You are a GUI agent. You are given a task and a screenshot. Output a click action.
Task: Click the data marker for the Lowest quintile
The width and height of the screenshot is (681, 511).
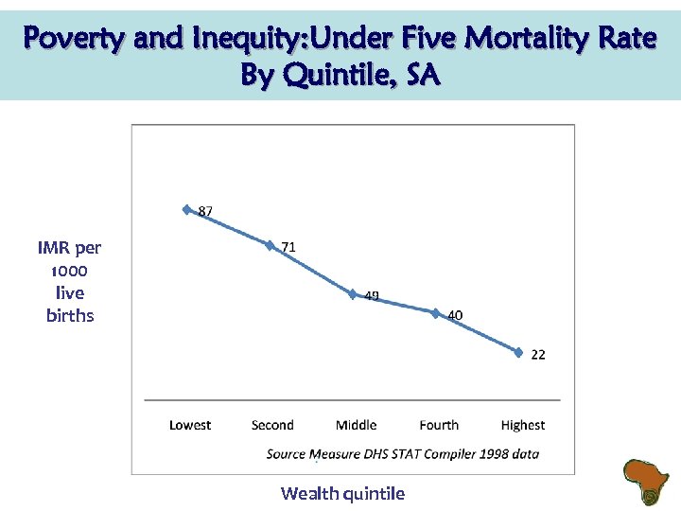click(x=186, y=209)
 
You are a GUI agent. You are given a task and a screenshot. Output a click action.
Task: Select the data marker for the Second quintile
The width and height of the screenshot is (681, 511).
click(x=270, y=245)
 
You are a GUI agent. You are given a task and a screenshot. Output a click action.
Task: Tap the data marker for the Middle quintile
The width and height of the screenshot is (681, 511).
click(x=353, y=294)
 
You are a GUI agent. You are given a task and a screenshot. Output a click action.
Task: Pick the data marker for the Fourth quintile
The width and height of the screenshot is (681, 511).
click(x=436, y=313)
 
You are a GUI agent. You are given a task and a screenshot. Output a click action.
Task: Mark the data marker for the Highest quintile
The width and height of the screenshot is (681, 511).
click(x=519, y=352)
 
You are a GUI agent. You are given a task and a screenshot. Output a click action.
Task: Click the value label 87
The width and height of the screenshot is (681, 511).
click(x=205, y=211)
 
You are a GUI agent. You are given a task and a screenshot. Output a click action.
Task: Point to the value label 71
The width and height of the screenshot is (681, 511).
click(x=288, y=247)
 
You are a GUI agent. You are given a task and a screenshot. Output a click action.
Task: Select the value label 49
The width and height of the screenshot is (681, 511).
click(x=372, y=296)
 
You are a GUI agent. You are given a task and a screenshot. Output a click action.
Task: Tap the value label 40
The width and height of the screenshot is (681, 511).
click(x=455, y=315)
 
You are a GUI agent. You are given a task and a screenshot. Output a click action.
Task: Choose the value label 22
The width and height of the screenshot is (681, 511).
click(x=537, y=355)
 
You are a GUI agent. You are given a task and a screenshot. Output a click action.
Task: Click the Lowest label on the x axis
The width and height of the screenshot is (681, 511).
click(x=190, y=426)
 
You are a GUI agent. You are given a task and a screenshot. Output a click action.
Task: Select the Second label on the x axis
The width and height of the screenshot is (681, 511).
click(x=272, y=426)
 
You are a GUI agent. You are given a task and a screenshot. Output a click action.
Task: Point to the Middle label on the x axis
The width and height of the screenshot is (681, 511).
click(x=356, y=426)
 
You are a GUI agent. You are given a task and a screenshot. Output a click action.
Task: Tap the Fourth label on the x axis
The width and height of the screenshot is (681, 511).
click(x=439, y=426)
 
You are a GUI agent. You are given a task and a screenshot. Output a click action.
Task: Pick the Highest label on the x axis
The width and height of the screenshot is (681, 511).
click(x=523, y=426)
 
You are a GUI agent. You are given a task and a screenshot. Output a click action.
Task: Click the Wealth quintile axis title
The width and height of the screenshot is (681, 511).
click(x=342, y=493)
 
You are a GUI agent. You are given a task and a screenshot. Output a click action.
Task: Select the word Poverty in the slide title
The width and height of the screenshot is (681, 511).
click(x=75, y=39)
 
